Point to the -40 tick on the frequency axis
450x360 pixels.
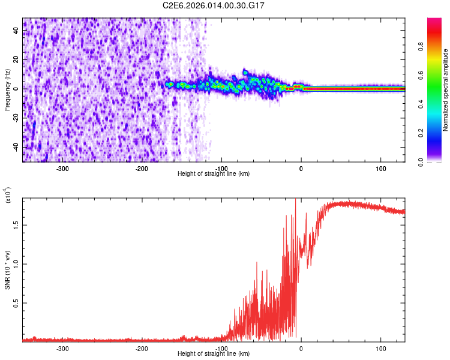click(x=15, y=147)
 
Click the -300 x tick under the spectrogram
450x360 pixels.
click(x=63, y=169)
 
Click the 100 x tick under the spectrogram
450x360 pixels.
click(x=380, y=169)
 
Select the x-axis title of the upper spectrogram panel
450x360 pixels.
click(x=214, y=174)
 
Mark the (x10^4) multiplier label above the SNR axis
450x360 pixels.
click(x=8, y=196)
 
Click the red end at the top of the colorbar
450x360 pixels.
click(x=434, y=22)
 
